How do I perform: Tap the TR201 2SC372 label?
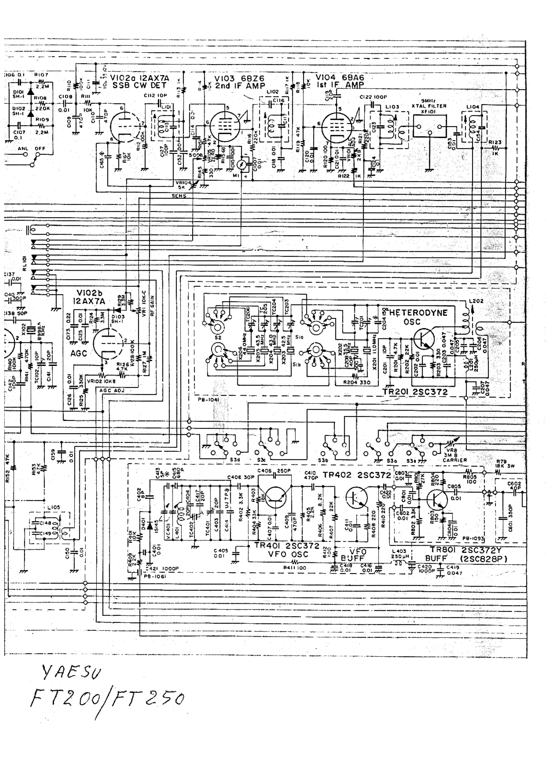coord(415,392)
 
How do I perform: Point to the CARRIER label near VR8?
coord(455,460)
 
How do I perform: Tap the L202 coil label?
coord(475,301)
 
